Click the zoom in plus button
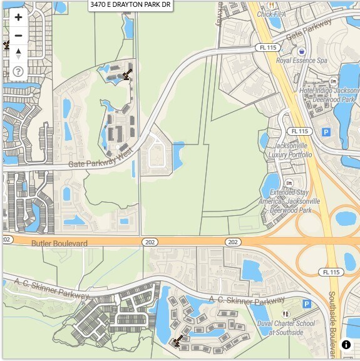(18, 18)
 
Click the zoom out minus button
(18, 36)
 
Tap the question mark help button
(18, 71)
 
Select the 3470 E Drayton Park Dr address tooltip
(130, 4)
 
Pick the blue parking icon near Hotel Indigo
(326, 132)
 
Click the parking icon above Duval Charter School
(307, 303)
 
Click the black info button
(346, 345)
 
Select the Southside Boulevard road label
(332, 322)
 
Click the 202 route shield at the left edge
(7, 240)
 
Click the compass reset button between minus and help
(18, 54)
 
